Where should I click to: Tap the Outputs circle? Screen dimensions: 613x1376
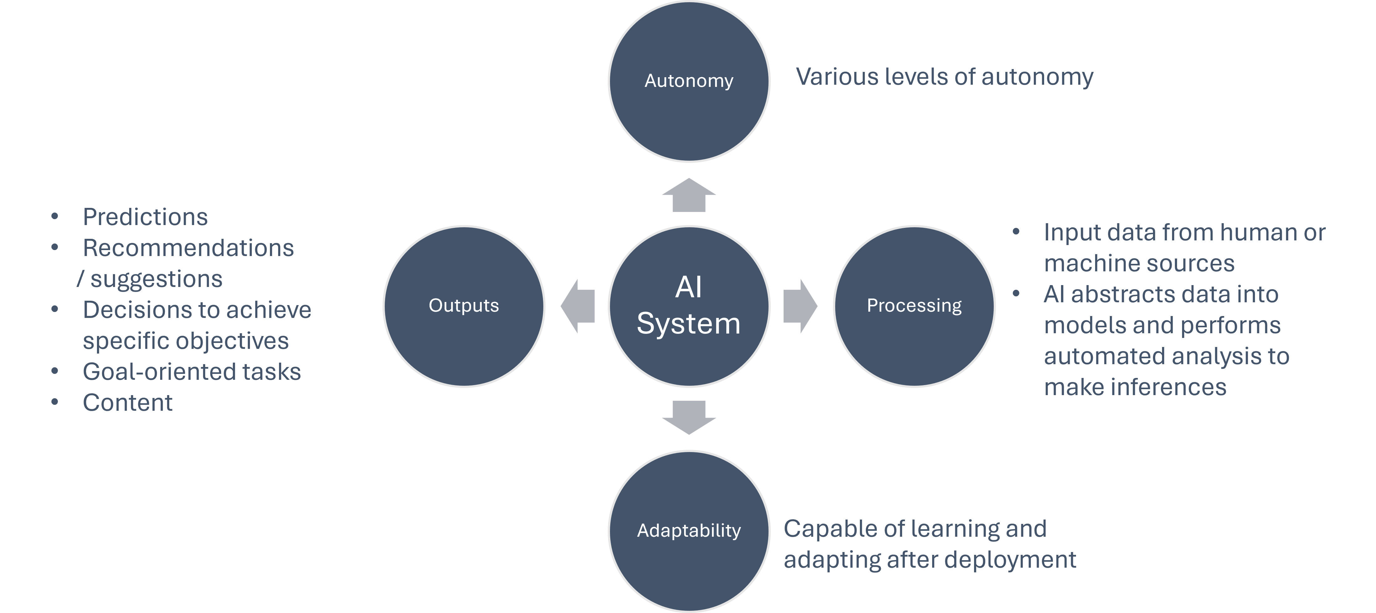coord(464,306)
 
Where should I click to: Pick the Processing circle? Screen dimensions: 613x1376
coord(914,306)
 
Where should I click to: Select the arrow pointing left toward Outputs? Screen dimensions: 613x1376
coord(578,306)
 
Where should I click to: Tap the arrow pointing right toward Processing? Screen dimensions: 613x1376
coord(800,306)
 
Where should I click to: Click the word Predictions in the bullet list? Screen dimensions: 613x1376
coord(145,217)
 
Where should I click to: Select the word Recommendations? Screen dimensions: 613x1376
coord(188,248)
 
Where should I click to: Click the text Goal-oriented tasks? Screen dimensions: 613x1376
coord(192,372)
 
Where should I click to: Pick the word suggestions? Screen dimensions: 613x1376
coord(156,279)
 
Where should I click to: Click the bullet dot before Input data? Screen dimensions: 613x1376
coord(1016,232)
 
